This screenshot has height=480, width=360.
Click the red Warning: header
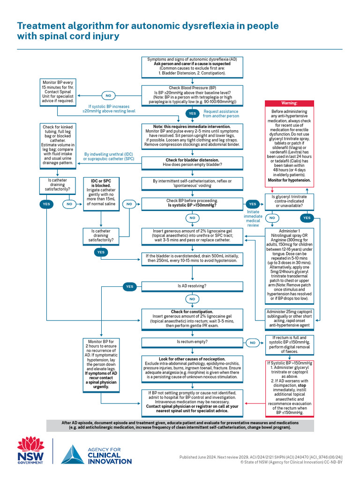pos(289,103)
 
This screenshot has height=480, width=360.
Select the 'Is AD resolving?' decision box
pos(192,285)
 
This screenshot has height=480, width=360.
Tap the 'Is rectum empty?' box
pos(192,342)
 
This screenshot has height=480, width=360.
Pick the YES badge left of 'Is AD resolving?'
pos(130,286)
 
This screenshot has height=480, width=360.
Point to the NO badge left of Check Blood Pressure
pos(108,96)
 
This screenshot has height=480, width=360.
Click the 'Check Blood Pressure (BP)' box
pos(192,95)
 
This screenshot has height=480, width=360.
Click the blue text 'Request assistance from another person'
pos(220,113)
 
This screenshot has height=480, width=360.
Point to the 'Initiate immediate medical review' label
pos(253,218)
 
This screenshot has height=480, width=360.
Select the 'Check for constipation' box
pos(192,318)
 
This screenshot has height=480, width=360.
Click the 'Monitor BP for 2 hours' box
pos(102,364)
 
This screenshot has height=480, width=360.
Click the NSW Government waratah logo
pos(30,451)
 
